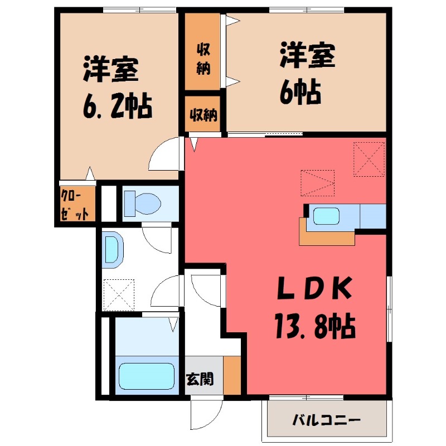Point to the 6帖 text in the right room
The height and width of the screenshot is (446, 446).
300,90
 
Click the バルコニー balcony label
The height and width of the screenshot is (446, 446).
327,420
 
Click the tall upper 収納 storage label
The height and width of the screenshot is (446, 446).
202,57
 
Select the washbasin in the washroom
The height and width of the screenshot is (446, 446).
111,248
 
